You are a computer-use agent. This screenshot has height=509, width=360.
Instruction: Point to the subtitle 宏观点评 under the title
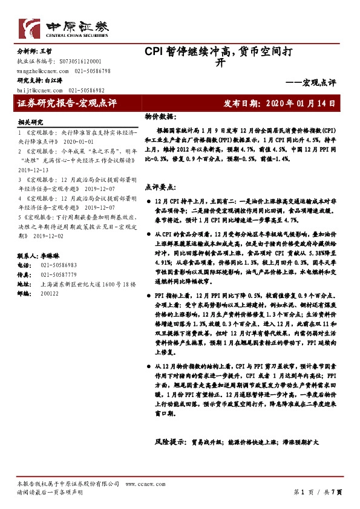[318, 82]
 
